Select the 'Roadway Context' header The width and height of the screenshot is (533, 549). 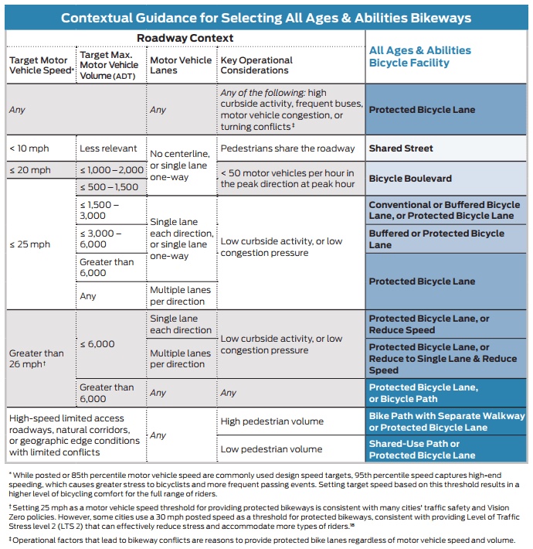tap(185, 38)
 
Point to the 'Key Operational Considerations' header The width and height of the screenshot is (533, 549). tap(256, 65)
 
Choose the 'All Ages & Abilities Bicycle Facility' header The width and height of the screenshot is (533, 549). tap(420, 56)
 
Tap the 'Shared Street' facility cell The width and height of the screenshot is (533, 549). tap(401, 148)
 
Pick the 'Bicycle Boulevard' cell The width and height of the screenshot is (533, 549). tap(410, 179)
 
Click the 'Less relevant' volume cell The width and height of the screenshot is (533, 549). tap(108, 148)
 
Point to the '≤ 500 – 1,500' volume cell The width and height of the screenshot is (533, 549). tap(109, 187)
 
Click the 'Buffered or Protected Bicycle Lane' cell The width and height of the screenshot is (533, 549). tap(436, 239)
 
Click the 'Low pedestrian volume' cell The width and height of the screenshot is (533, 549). tap(271, 449)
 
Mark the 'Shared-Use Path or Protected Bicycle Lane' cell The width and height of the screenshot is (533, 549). tap(422, 449)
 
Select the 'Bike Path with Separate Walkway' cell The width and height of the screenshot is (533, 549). tap(446, 421)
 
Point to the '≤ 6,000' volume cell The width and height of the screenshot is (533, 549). tap(97, 344)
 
